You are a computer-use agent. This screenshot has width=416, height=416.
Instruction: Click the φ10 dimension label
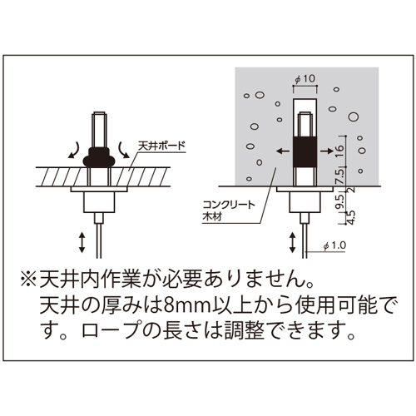pos(305,79)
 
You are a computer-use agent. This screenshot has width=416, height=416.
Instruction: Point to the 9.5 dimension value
pos(341,201)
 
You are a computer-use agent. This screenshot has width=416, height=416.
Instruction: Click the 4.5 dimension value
pos(351,217)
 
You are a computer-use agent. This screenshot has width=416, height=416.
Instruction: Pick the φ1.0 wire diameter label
pos(334,245)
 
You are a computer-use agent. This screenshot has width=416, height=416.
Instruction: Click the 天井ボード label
pos(161,146)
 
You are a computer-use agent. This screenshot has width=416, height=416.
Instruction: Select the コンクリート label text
pos(229,205)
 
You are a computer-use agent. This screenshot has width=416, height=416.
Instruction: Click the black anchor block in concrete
pos(305,151)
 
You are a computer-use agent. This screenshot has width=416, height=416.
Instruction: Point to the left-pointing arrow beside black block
pos(283,151)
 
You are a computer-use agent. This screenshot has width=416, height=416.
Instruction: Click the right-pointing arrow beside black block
pos(327,151)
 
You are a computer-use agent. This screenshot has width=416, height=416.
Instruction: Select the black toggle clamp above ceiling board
pos(99,157)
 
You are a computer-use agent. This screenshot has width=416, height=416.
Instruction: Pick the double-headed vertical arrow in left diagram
pos(82,243)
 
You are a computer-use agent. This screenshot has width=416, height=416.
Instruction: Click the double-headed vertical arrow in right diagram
pos(292,243)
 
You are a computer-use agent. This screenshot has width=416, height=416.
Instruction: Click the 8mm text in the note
pos(185,306)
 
